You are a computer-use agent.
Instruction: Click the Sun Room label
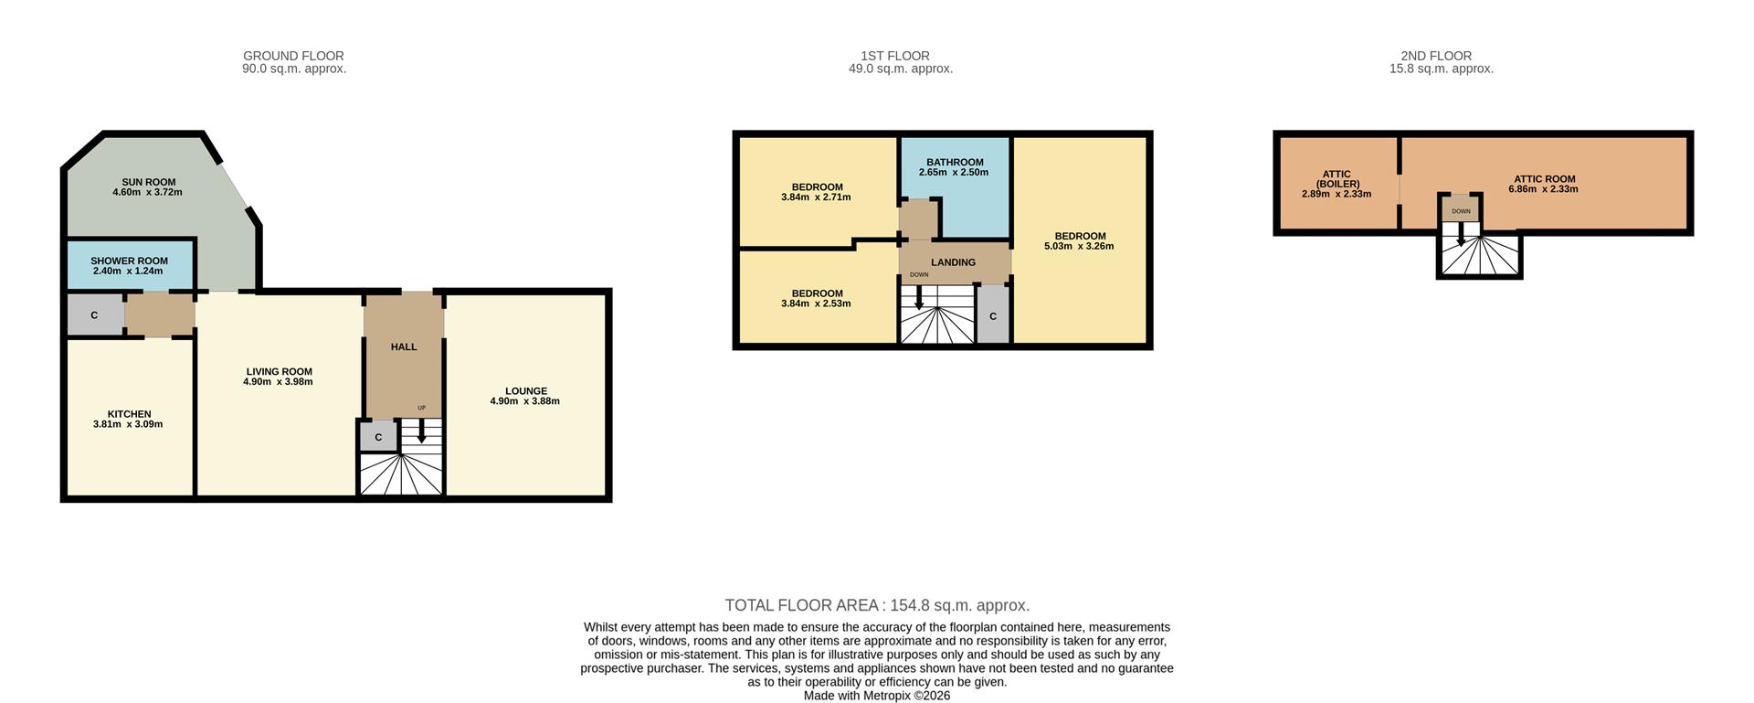pos(148,182)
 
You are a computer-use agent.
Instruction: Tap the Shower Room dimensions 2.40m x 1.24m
pos(128,272)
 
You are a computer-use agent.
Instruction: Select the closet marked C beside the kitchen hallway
pos(94,315)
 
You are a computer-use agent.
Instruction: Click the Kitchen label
pos(129,414)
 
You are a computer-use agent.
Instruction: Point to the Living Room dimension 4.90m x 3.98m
pos(278,382)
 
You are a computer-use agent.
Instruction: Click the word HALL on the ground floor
pos(404,347)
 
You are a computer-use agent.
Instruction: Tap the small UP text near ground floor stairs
pos(421,408)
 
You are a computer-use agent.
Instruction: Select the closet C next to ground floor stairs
pos(378,437)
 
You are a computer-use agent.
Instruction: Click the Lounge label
pos(525,391)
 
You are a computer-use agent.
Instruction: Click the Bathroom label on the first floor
pos(955,163)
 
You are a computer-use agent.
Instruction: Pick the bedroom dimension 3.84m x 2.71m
pos(816,197)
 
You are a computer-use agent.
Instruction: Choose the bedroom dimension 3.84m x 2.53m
pos(816,304)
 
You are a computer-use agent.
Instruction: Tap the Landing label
pos(953,262)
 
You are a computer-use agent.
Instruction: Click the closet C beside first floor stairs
pos(993,316)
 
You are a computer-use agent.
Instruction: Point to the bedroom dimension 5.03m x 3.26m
pos(1079,246)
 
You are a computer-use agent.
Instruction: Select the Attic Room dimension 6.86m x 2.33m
pos(1543,189)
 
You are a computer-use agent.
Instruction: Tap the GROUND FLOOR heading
pos(293,56)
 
